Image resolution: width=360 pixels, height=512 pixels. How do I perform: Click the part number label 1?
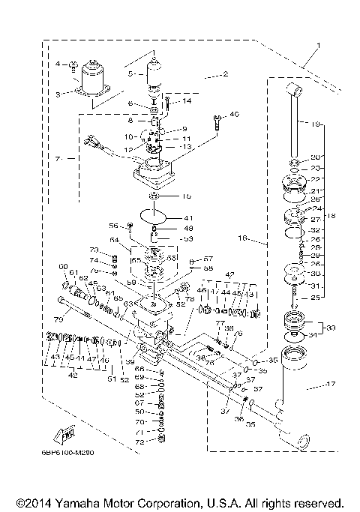tap(317, 46)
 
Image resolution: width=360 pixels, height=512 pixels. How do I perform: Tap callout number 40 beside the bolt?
tap(234, 114)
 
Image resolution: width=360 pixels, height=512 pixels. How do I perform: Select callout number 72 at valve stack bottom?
tap(138, 443)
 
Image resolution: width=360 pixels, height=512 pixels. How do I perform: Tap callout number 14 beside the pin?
tap(187, 100)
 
